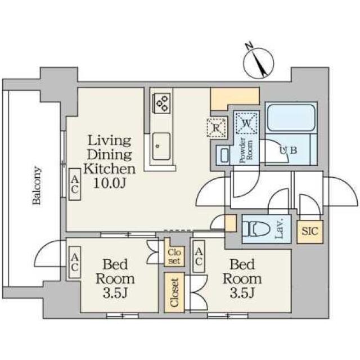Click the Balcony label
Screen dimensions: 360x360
tap(37, 186)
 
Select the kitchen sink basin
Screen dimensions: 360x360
tap(161, 147)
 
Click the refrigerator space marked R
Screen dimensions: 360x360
tap(217, 128)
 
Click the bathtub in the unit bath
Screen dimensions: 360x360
tap(291, 118)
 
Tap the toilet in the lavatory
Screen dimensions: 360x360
tap(254, 229)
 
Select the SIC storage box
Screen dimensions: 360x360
tap(310, 231)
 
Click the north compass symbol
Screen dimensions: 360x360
tap(258, 61)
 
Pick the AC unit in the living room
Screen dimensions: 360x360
tap(75, 184)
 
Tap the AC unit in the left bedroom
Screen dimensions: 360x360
tap(75, 262)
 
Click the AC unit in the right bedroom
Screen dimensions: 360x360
tap(199, 256)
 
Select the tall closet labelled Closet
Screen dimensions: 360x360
tap(174, 292)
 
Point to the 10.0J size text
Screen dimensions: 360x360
tap(110, 183)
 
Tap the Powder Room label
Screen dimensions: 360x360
tap(246, 150)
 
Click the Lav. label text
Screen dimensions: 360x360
tap(280, 229)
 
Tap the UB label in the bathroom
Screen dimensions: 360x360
tap(288, 151)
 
